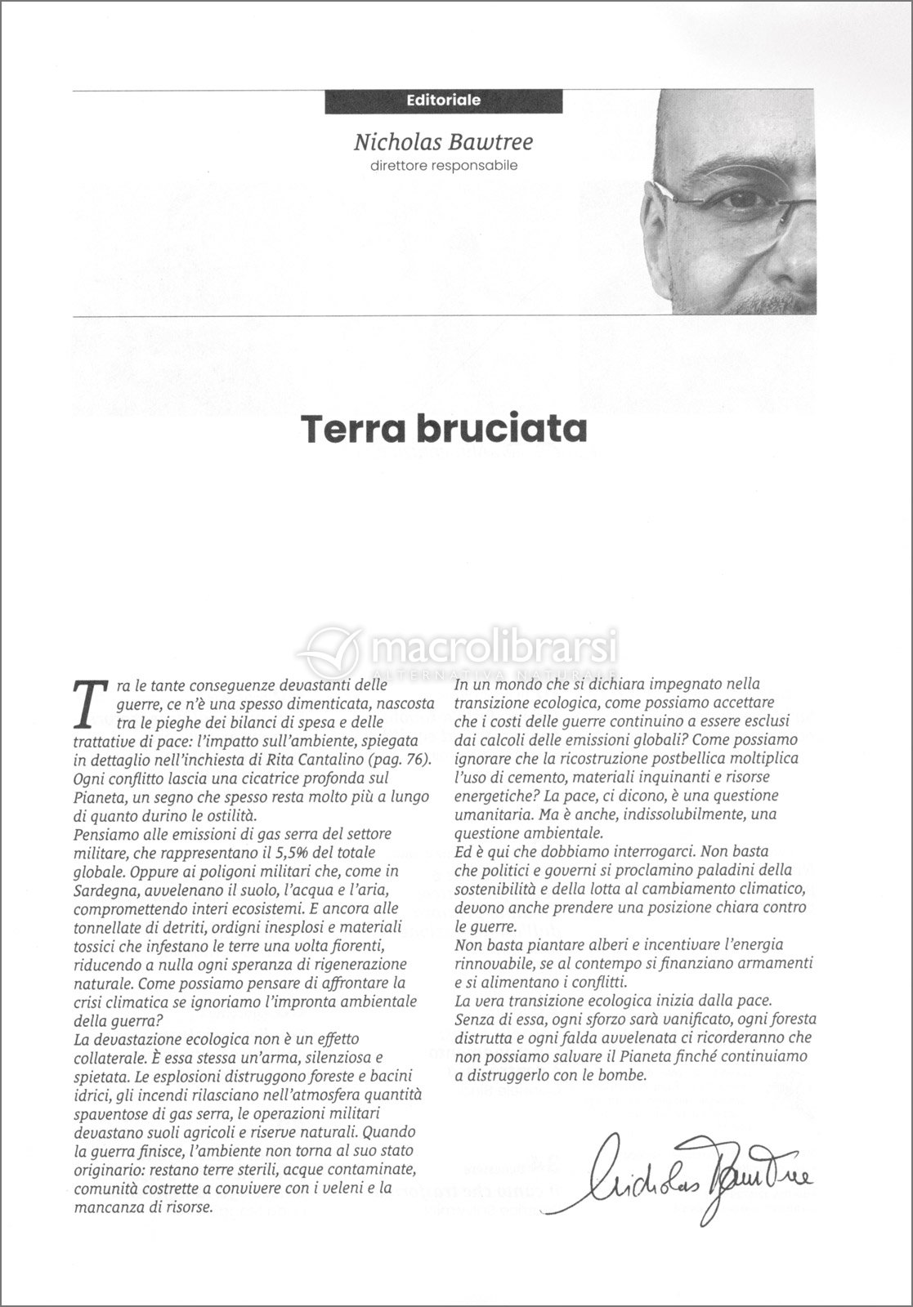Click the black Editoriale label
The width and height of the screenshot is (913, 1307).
tap(443, 101)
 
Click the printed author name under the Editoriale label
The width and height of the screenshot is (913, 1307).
tap(443, 143)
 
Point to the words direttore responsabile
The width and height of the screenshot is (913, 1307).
tap(443, 166)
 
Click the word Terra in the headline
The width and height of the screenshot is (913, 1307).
tap(353, 430)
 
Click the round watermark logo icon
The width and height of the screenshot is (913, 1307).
tap(330, 652)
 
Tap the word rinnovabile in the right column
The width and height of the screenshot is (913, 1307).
tap(493, 962)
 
